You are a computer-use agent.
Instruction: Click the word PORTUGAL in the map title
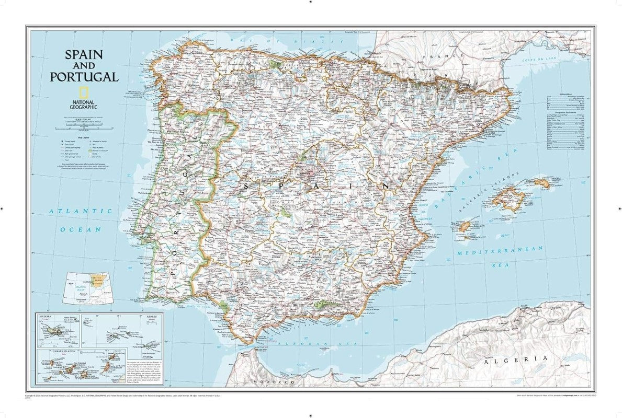pos(84,77)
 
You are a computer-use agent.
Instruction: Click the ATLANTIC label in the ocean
pos(80,211)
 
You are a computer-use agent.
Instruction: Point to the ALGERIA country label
pos(516,359)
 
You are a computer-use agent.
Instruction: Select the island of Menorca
pos(541,182)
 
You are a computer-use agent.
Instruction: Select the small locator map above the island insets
pos(87,288)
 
